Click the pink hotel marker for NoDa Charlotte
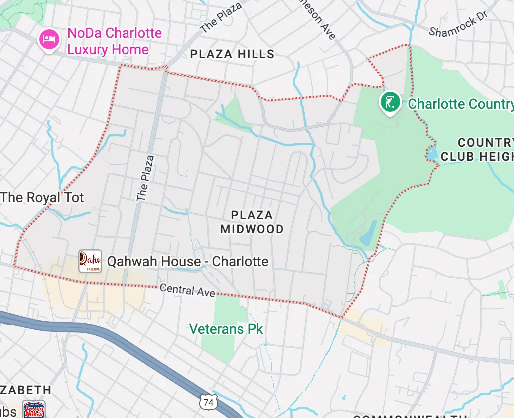[48, 39]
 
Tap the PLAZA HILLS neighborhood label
[233, 54]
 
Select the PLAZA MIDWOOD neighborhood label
[252, 222]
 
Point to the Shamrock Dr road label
[458, 24]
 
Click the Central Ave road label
[187, 290]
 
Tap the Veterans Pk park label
[226, 329]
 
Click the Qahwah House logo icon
[90, 261]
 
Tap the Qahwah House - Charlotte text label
[188, 261]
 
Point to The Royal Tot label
[42, 197]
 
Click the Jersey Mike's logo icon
[34, 409]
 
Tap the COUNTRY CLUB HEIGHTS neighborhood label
[477, 150]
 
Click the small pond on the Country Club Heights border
[431, 152]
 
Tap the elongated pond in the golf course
[369, 233]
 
